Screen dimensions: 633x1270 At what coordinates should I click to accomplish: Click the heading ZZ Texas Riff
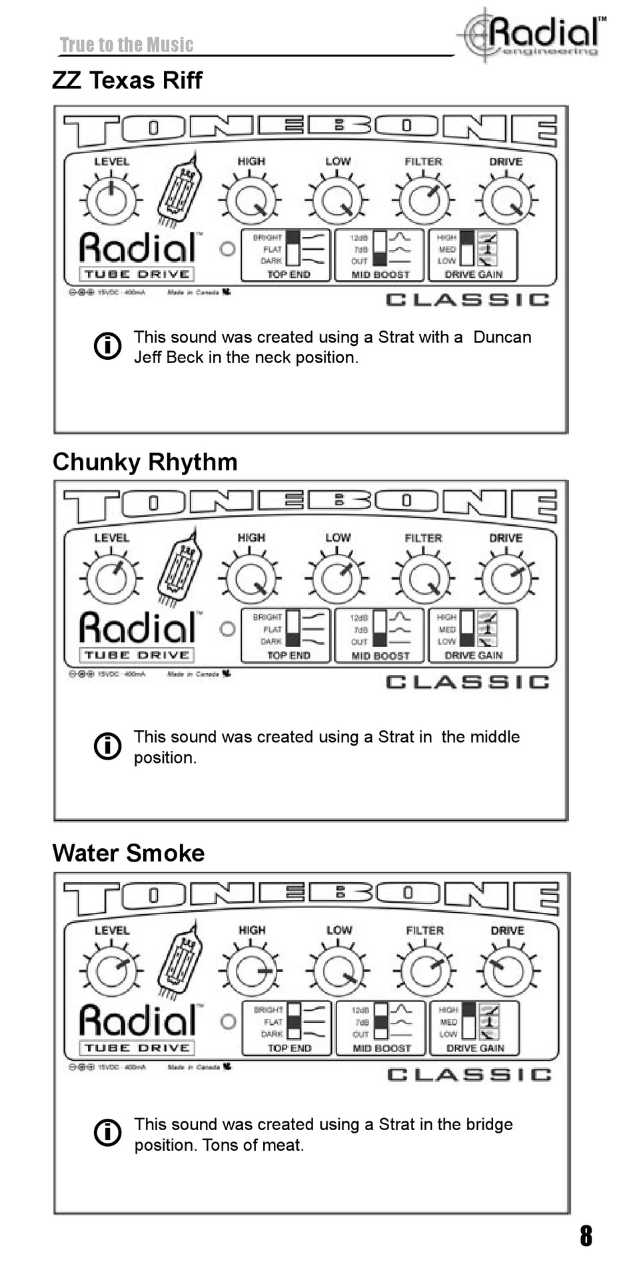click(127, 81)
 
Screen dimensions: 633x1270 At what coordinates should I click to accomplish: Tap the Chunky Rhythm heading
click(145, 462)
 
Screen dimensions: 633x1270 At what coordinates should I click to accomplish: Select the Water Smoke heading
click(129, 854)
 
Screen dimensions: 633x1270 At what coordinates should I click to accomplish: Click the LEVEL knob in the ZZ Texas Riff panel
click(111, 200)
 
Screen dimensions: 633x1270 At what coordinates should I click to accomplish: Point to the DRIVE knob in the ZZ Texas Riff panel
click(506, 200)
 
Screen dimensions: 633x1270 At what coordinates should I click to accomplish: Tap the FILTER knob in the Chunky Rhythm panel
click(423, 578)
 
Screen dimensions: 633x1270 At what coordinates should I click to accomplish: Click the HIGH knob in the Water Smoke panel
click(251, 971)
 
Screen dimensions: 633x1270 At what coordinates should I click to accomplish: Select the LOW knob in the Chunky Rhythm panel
click(337, 578)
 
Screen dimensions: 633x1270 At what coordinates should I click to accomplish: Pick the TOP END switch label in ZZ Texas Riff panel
click(289, 275)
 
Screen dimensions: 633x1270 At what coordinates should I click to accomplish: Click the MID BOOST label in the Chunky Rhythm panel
click(380, 656)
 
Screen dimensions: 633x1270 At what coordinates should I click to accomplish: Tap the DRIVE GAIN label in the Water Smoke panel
click(474, 1048)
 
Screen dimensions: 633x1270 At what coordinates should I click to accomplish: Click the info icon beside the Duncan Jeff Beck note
click(108, 346)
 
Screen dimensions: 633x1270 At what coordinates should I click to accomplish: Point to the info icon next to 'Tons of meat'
click(108, 1133)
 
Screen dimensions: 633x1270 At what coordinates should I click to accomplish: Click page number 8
click(586, 1235)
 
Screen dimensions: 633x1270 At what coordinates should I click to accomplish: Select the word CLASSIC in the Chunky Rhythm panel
click(468, 682)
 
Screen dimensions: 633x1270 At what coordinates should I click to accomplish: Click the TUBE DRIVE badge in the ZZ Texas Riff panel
click(137, 275)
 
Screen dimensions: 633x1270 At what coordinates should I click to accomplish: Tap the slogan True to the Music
click(127, 45)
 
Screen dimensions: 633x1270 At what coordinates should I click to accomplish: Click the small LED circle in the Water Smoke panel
click(228, 1021)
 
